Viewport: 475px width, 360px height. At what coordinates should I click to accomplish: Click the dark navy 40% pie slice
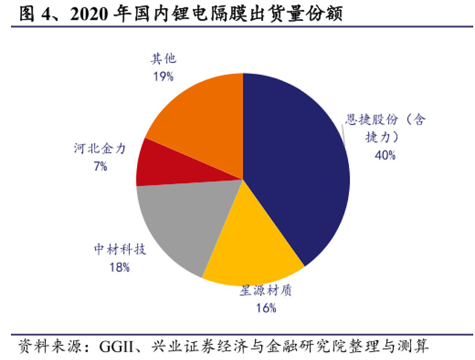click(x=295, y=166)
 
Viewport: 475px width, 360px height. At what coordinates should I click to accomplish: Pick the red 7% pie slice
click(x=154, y=163)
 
